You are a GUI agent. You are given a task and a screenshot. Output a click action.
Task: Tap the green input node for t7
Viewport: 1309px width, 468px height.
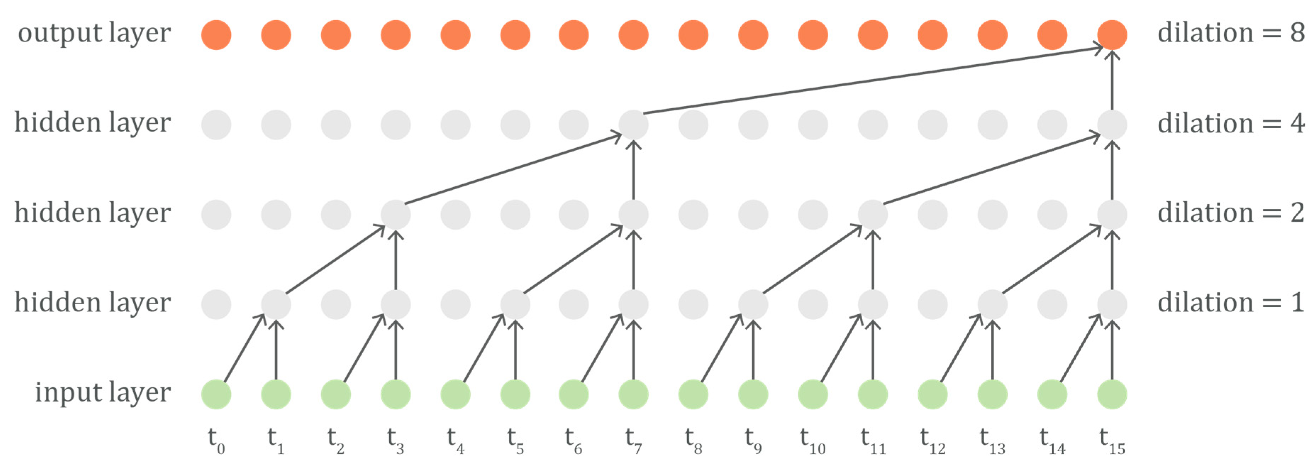(633, 394)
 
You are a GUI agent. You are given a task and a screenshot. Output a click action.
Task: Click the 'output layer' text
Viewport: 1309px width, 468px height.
(94, 34)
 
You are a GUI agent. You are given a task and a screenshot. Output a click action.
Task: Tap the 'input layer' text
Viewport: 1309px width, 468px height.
(103, 393)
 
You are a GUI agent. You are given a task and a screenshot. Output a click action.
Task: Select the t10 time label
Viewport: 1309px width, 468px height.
(812, 441)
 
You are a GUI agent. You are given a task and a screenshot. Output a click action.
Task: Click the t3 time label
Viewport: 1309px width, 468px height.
(395, 441)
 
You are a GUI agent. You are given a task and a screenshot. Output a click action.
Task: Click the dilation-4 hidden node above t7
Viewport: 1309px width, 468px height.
(633, 125)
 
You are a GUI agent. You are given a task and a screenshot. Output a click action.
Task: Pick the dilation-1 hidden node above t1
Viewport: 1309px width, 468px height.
(276, 304)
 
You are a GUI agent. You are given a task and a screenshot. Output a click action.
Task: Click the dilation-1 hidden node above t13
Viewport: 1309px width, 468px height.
(992, 304)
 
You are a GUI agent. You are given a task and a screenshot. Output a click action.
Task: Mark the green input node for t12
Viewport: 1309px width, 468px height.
(932, 394)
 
